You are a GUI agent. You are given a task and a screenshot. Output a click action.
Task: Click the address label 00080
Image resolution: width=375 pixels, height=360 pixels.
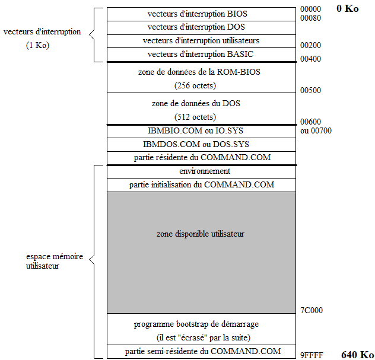point(311,18)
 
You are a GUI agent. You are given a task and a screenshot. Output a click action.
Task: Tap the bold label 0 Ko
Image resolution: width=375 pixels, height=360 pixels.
point(347,9)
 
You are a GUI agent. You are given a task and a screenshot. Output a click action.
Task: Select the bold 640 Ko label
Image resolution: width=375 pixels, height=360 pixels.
point(357,355)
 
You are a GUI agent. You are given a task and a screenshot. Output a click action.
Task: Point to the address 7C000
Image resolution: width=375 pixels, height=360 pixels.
point(312,310)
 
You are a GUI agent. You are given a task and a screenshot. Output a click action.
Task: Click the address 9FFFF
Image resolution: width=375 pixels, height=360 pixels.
point(311,355)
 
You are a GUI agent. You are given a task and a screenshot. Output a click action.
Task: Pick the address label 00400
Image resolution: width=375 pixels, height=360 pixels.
point(311,59)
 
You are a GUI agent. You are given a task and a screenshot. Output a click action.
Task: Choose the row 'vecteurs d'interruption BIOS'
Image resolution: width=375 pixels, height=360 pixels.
point(201,14)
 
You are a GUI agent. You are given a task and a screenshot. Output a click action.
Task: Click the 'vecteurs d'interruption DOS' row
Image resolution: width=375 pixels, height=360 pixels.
point(201,27)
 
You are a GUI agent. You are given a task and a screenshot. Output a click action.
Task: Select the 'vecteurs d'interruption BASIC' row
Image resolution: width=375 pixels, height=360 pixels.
point(201,55)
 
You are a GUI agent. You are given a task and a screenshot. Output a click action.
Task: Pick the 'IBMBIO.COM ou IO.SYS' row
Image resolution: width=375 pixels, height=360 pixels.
point(201,131)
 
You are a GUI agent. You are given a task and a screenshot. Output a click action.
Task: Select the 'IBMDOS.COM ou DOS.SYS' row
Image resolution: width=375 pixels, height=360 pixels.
point(201,144)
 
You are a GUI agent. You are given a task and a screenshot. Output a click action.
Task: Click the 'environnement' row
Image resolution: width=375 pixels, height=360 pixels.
point(201,171)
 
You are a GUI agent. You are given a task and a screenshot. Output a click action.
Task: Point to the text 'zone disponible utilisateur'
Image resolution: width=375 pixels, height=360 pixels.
point(201,234)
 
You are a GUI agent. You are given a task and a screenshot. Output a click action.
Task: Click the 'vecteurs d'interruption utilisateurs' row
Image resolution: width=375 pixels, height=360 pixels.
point(201,41)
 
